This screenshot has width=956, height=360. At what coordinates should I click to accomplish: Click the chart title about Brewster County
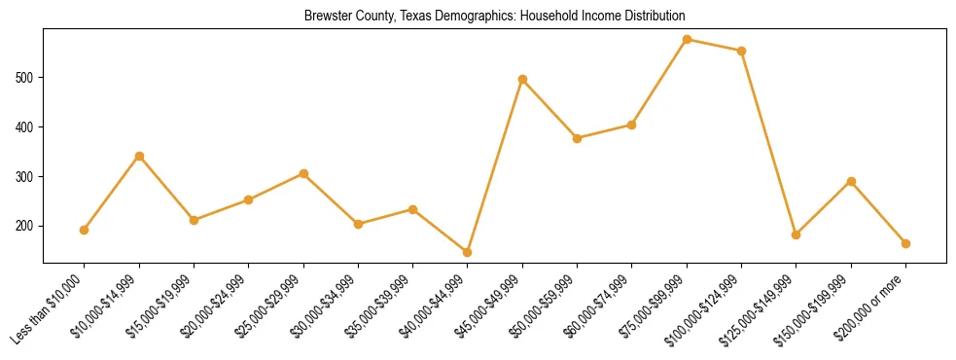pyautogui.click(x=494, y=16)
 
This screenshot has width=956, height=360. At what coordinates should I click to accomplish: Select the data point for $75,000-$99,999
pyautogui.click(x=687, y=40)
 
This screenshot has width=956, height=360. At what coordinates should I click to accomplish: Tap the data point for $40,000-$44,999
pyautogui.click(x=468, y=252)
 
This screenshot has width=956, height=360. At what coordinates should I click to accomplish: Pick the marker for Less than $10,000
pyautogui.click(x=85, y=230)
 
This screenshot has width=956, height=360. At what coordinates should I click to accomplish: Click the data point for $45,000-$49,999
pyautogui.click(x=522, y=79)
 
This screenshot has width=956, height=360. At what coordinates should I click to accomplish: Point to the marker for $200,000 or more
pyautogui.click(x=905, y=243)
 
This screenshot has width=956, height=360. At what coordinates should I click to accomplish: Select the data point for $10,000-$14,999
pyautogui.click(x=139, y=156)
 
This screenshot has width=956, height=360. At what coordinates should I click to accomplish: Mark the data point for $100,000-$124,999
pyautogui.click(x=741, y=51)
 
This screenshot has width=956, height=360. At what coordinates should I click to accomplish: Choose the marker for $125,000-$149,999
pyautogui.click(x=797, y=234)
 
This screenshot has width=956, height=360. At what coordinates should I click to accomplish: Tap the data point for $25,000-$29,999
pyautogui.click(x=303, y=173)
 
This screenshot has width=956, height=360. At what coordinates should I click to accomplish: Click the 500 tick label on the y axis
pyautogui.click(x=27, y=77)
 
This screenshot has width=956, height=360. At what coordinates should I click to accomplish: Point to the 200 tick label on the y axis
pyautogui.click(x=27, y=226)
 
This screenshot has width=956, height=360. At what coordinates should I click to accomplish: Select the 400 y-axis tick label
pyautogui.click(x=27, y=126)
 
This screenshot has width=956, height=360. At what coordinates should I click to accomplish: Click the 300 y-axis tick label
pyautogui.click(x=27, y=176)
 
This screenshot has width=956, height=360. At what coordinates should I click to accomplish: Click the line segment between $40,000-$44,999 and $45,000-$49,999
pyautogui.click(x=495, y=165)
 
